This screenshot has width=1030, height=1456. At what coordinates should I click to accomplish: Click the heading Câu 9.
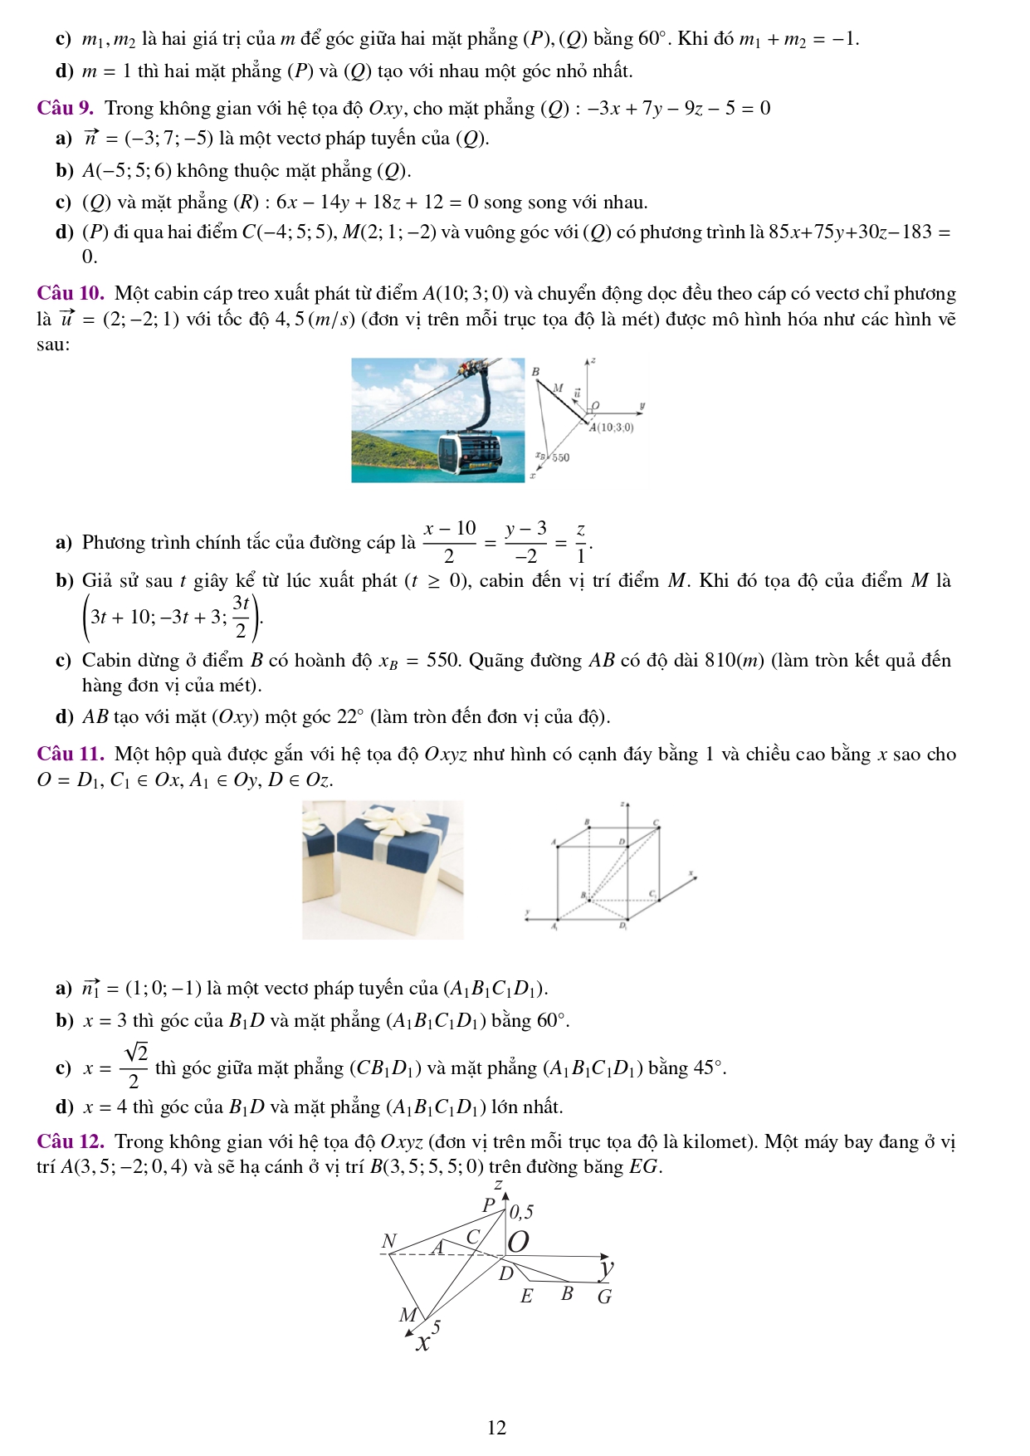[x=65, y=108]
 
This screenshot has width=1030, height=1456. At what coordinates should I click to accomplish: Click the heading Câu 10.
[x=70, y=293]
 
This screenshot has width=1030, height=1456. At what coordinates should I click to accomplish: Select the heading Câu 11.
[x=70, y=754]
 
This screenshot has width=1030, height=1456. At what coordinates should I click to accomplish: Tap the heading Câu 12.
[x=70, y=1141]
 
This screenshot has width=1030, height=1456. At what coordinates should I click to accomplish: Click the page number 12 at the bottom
[x=496, y=1428]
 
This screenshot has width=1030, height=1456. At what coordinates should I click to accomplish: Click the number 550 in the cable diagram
[x=561, y=457]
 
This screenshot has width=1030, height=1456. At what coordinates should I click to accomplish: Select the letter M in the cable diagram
[x=558, y=388]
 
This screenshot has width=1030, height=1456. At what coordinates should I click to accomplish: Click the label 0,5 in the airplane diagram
[x=521, y=1212]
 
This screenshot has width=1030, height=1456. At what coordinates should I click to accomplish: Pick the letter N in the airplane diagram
[x=388, y=1241]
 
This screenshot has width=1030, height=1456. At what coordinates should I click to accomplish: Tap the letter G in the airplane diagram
[x=604, y=1297]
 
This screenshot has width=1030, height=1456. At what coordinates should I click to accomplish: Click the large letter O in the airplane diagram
[x=518, y=1242]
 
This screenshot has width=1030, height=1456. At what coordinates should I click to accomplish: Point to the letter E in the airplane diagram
[x=526, y=1297]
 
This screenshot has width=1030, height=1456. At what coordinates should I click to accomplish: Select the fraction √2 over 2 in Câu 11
[x=134, y=1066]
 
